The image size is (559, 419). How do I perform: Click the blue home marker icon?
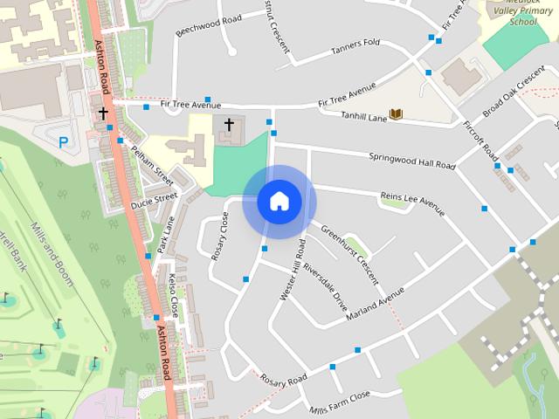coord(279,202)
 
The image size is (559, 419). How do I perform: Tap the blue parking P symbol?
coord(63,141)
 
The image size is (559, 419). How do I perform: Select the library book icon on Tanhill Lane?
coord(396,114)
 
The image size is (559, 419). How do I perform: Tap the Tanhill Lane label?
coord(364,115)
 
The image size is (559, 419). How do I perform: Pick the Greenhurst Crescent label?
coord(349,255)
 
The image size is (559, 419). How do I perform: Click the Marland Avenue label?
coord(376,301)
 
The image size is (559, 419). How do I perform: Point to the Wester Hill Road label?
coord(291,270)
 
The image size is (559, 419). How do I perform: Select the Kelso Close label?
coord(173,294)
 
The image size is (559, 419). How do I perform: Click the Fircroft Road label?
coord(479,137)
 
